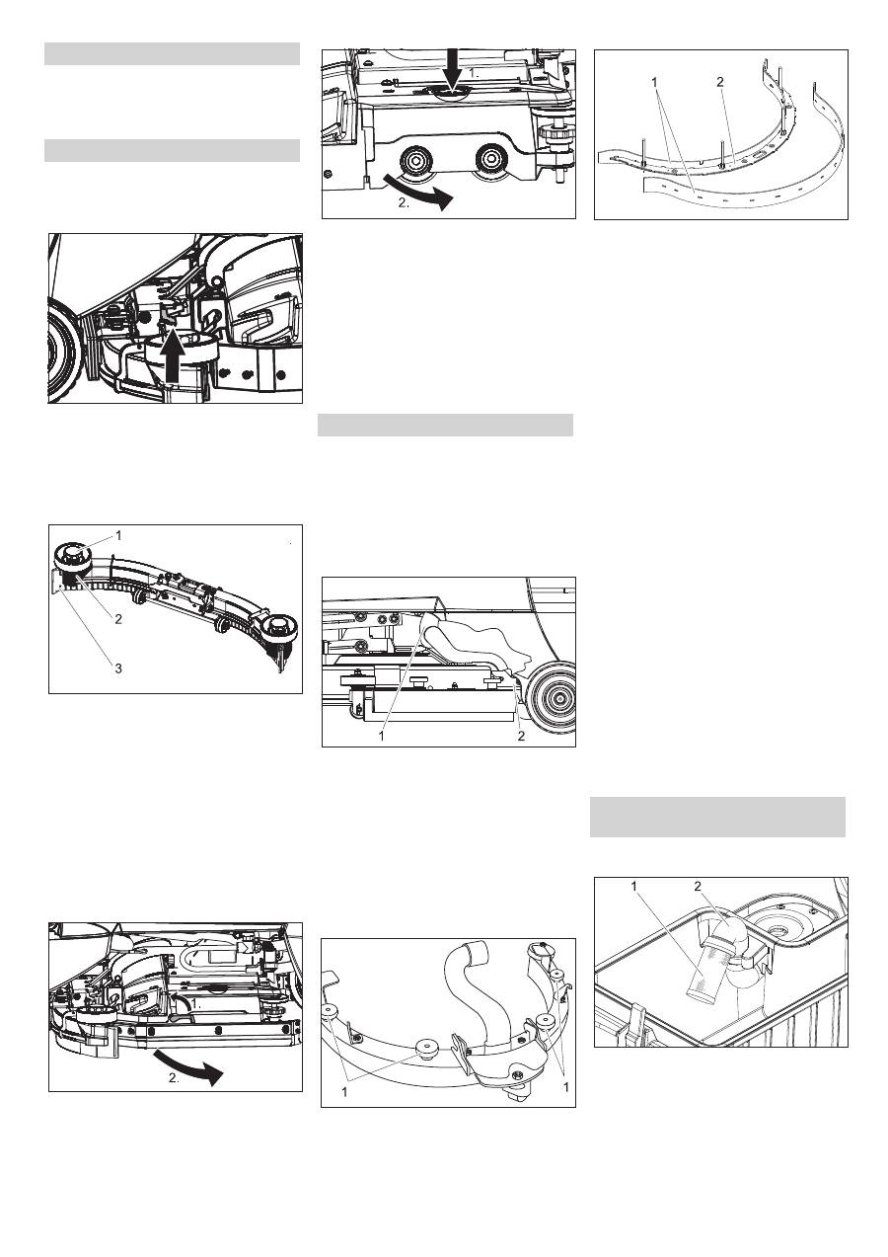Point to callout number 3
118,668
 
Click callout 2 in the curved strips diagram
720,82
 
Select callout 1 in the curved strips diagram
654,82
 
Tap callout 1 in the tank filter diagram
634,886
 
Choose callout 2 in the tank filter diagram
698,886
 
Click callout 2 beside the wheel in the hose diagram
521,737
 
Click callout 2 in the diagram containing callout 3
118,619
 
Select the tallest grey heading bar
717,817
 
